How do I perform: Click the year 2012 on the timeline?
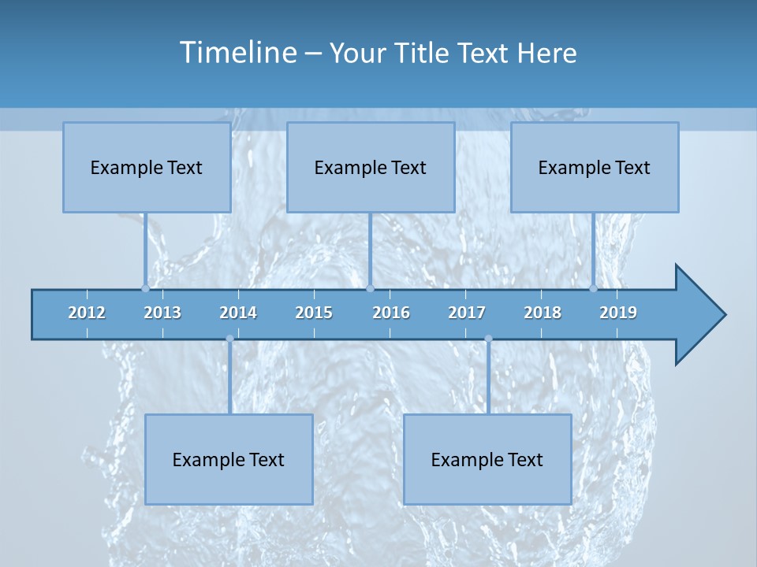[87, 313]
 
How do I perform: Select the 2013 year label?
[162, 313]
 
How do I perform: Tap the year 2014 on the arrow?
[238, 313]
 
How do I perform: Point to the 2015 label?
[314, 313]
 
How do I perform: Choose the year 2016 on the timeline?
[391, 313]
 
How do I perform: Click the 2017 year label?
[467, 313]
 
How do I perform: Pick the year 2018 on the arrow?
[543, 313]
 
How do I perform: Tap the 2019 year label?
[618, 313]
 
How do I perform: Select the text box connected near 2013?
[147, 167]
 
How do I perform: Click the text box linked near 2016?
[371, 167]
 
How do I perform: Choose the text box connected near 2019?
[595, 167]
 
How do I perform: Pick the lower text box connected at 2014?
[229, 459]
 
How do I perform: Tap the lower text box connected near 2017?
[487, 459]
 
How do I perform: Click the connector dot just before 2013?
[146, 288]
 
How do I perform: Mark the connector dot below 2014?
[229, 339]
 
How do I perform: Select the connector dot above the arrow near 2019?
[594, 288]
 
